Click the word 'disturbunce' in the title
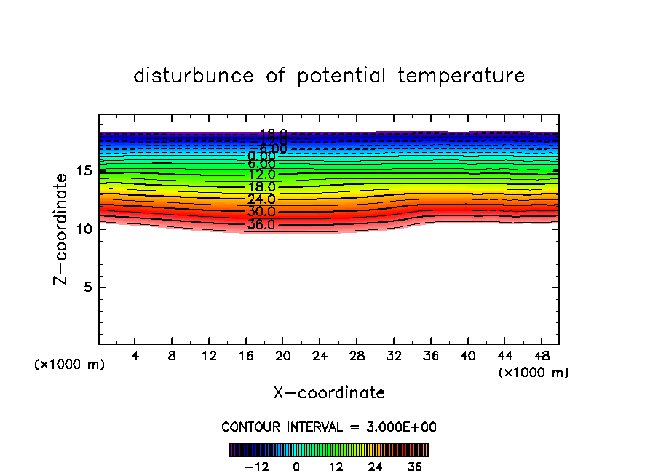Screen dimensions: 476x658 point(194,76)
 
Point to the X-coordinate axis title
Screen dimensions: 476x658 point(329,393)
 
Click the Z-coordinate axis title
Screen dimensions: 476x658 point(63,229)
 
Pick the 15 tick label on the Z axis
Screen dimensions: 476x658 point(84,171)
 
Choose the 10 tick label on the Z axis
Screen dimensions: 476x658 point(84,229)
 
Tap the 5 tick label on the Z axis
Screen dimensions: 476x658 point(87,287)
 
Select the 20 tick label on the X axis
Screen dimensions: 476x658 point(283,357)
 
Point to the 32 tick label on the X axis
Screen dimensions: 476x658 point(394,357)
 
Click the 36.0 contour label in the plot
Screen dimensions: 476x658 point(261,224)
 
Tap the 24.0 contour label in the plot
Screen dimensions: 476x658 point(261,199)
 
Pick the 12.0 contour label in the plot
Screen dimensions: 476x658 point(261,175)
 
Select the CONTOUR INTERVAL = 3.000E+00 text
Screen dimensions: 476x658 point(329,427)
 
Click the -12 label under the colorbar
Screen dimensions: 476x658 point(256,467)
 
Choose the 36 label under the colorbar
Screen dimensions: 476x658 point(415,467)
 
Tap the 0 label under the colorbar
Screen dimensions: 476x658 point(296,467)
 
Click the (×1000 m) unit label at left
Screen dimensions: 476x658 point(70,365)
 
